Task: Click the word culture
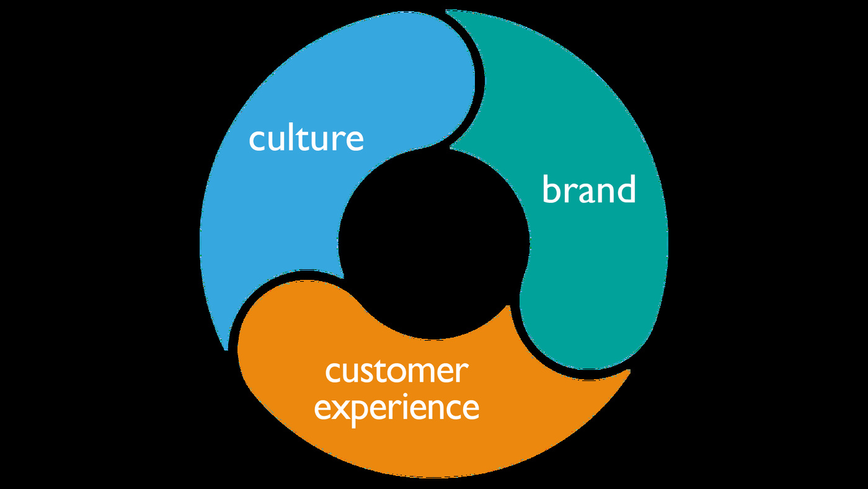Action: pos(306,138)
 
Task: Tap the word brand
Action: pos(589,189)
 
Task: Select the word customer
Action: pos(397,372)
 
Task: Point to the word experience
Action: pos(396,410)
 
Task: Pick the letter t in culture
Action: pos(303,139)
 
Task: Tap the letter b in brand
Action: pos(551,189)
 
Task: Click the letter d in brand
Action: pos(626,189)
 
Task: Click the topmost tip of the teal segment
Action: pos(446,11)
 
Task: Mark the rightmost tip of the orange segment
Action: pos(630,370)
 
